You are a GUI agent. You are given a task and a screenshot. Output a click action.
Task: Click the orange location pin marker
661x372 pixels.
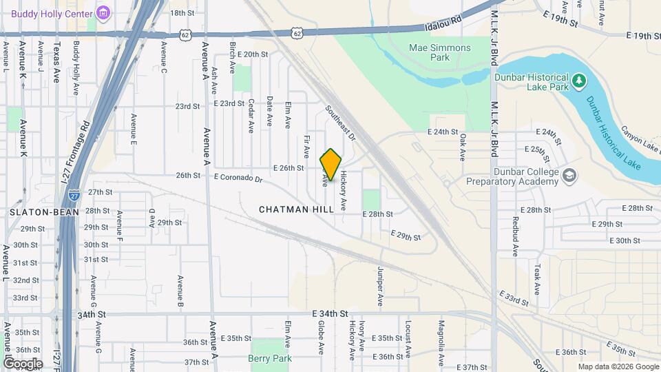click(x=330, y=165)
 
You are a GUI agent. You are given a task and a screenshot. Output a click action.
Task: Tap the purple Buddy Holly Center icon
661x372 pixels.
click(x=103, y=12)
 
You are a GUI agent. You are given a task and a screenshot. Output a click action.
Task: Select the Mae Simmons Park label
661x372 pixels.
click(x=440, y=52)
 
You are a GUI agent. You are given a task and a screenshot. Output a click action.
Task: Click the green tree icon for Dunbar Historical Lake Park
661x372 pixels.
click(x=580, y=82)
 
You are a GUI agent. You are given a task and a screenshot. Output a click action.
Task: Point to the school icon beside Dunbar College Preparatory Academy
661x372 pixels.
click(x=569, y=176)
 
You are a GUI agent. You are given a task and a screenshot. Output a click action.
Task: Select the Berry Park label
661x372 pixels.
click(x=270, y=358)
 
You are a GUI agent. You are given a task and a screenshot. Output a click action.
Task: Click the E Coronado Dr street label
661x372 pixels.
click(x=238, y=178)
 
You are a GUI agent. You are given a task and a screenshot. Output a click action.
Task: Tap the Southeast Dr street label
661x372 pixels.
click(x=340, y=123)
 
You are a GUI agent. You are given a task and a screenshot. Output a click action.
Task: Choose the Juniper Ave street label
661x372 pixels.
click(x=379, y=286)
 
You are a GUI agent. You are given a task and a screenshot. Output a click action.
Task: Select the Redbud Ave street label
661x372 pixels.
click(x=514, y=236)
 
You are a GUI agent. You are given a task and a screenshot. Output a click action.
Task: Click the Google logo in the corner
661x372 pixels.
click(x=23, y=363)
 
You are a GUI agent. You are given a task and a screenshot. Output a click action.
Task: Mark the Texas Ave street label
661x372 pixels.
click(x=57, y=63)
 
